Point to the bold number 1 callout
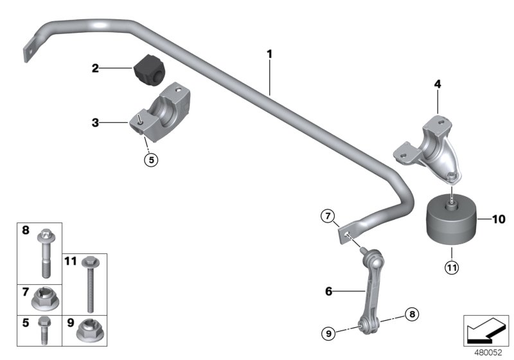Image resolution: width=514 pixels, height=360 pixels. coord(270,54)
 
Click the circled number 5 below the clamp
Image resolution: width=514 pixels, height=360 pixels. coord(150,160)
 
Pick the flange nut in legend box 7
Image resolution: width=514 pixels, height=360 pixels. coord(48,298)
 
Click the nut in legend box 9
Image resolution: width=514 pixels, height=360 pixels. coord(87,330)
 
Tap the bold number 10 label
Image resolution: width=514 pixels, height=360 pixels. coord(499,219)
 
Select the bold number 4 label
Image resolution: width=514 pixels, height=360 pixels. coord(437,84)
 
